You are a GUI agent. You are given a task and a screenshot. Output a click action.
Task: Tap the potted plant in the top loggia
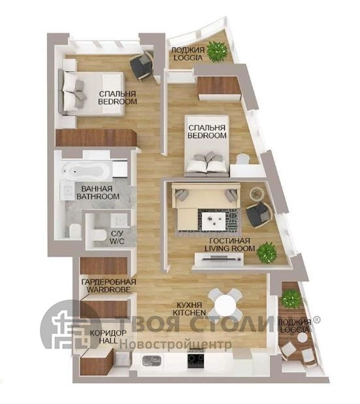[x=218, y=51]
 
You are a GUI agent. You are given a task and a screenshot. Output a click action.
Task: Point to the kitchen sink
[x=152, y=360]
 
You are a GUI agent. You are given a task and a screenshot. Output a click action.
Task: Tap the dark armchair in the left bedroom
[x=141, y=66]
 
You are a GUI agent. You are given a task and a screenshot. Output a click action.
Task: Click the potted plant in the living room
[x=268, y=253]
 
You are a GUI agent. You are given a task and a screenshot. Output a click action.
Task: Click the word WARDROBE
[x=108, y=290]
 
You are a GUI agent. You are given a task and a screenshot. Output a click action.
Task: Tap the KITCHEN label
[x=189, y=312]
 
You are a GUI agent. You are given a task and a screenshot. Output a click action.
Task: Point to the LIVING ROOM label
[x=230, y=248]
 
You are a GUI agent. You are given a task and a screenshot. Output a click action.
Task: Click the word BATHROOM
[x=98, y=196]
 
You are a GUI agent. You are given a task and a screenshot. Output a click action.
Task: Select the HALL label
[x=108, y=341]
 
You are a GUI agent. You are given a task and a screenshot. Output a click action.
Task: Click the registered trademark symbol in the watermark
[x=316, y=320]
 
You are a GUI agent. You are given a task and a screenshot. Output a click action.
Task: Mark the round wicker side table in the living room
[x=257, y=193]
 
